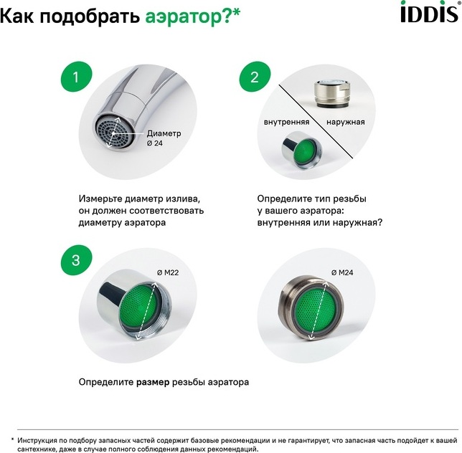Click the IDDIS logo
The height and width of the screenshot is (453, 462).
pos(430,11)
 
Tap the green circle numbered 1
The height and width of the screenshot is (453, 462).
pos(76,77)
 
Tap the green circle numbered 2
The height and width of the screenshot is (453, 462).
pos(255,77)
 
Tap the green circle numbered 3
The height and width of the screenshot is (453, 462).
pos(76,260)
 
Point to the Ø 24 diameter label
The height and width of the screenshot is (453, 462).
pos(155,143)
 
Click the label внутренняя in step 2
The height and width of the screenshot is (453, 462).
pos(286,122)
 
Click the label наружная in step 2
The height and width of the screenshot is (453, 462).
pos(345,122)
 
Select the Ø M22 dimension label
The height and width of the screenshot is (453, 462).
pos(168,272)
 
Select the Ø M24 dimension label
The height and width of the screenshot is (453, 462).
pos(342,272)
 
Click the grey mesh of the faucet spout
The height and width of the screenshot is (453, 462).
pos(114,133)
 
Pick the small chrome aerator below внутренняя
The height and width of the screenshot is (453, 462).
pos(301,150)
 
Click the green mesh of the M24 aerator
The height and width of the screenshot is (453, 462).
pos(318,310)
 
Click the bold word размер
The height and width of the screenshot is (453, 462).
pos(153,382)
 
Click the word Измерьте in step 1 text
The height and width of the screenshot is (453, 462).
pos(100,199)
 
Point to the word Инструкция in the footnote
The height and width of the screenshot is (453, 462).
pos(37,441)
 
